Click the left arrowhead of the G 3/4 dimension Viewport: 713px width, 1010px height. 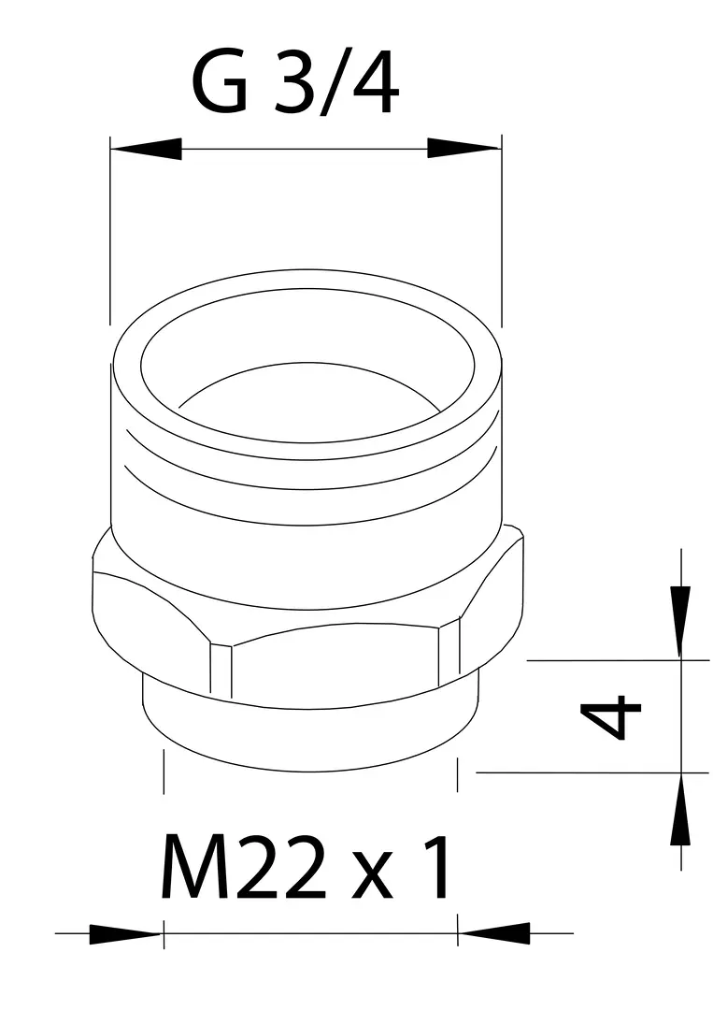(146, 149)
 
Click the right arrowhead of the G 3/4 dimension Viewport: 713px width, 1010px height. (464, 149)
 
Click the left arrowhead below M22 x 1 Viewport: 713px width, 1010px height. (124, 934)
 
